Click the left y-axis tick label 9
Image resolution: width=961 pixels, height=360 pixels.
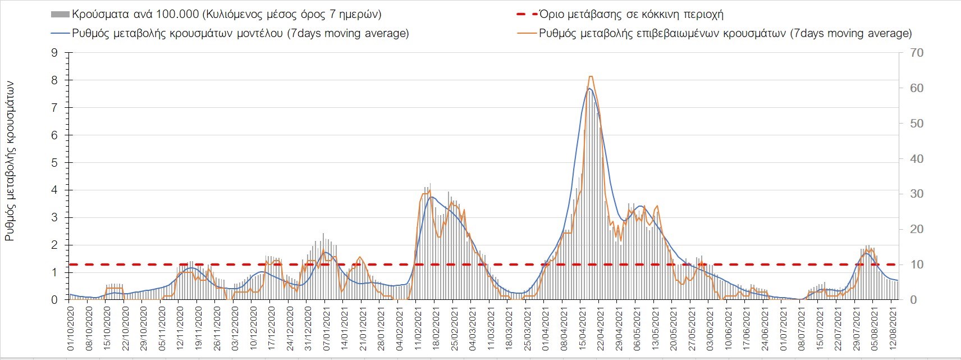(54, 53)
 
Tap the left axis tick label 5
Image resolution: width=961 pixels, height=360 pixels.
(54, 163)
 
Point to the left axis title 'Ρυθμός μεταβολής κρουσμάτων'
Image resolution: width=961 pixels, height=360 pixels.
(10, 161)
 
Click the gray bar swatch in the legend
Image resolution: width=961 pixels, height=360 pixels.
(60, 14)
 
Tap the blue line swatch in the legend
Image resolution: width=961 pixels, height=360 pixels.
(60, 33)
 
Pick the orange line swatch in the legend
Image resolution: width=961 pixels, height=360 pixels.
(527, 33)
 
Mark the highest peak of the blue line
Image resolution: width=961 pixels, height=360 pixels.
(589, 89)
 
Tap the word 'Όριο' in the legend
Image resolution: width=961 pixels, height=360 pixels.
(551, 14)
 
